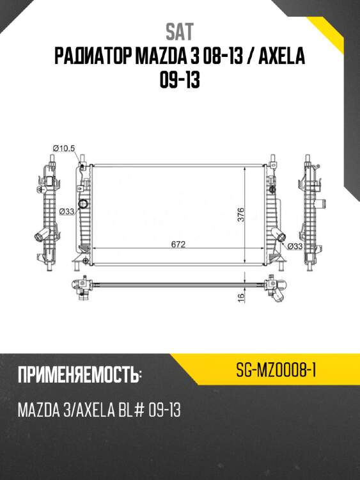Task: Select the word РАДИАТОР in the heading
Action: tap(93, 58)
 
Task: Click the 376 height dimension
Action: tap(241, 214)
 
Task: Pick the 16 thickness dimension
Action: tap(242, 296)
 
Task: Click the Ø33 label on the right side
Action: tap(295, 245)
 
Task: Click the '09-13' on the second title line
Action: tap(180, 83)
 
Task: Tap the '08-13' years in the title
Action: tap(217, 58)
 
